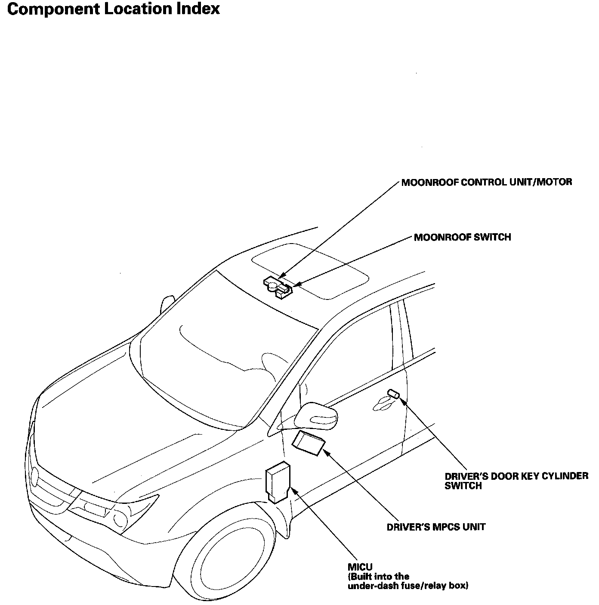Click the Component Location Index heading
click(x=114, y=9)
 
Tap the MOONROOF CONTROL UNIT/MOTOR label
click(x=486, y=182)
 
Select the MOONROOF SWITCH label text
click(x=462, y=237)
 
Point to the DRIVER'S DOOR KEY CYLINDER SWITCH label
click(x=516, y=481)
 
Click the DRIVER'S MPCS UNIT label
click(x=435, y=527)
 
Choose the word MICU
click(x=360, y=567)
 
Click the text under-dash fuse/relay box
click(x=408, y=586)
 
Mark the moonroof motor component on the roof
click(x=273, y=284)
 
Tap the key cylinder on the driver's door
click(x=393, y=393)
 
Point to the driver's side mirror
click(x=316, y=416)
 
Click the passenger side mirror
click(x=167, y=304)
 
